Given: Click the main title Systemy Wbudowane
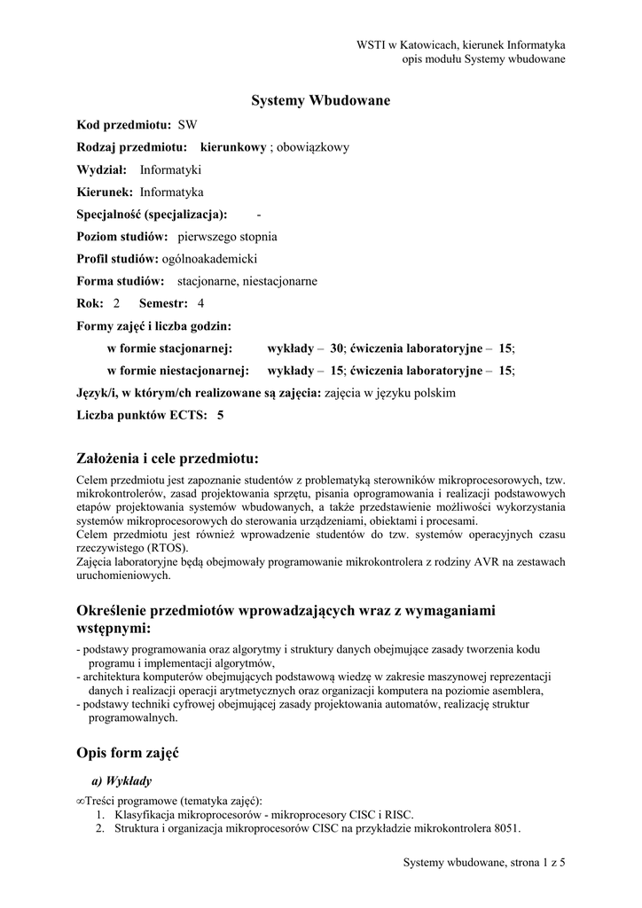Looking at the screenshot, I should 321,101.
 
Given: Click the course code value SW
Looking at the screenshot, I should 188,125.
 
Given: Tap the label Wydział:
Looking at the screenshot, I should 102,169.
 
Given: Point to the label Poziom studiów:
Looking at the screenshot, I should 122,237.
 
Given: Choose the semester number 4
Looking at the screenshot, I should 200,303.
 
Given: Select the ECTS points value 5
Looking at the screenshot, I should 221,414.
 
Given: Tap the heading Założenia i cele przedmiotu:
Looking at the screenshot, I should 168,458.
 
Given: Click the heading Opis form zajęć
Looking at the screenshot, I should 129,753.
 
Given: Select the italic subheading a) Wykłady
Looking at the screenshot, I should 121,781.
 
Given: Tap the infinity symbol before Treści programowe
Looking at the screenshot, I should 82,800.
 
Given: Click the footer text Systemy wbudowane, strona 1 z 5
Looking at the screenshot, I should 484,861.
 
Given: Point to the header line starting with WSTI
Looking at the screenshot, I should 461,44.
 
